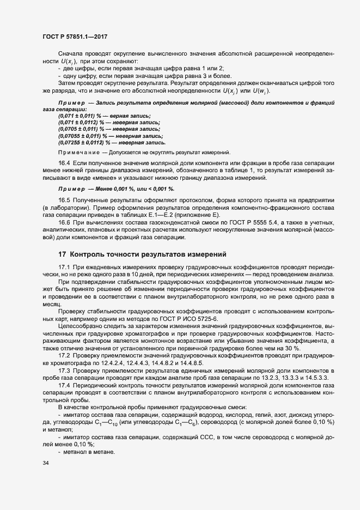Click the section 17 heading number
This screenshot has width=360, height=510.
pos(63,254)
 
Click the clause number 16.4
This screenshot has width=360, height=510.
pos(64,163)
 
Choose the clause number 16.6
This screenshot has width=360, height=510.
pos(64,225)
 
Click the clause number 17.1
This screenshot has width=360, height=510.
pos(64,266)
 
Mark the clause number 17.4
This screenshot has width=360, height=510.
pos(64,385)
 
